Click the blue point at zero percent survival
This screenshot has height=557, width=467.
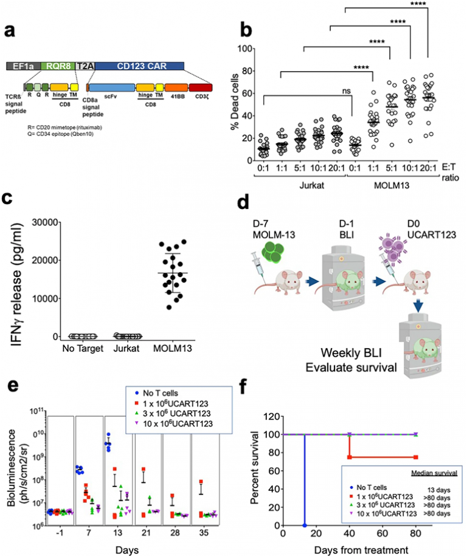click(x=305, y=525)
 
